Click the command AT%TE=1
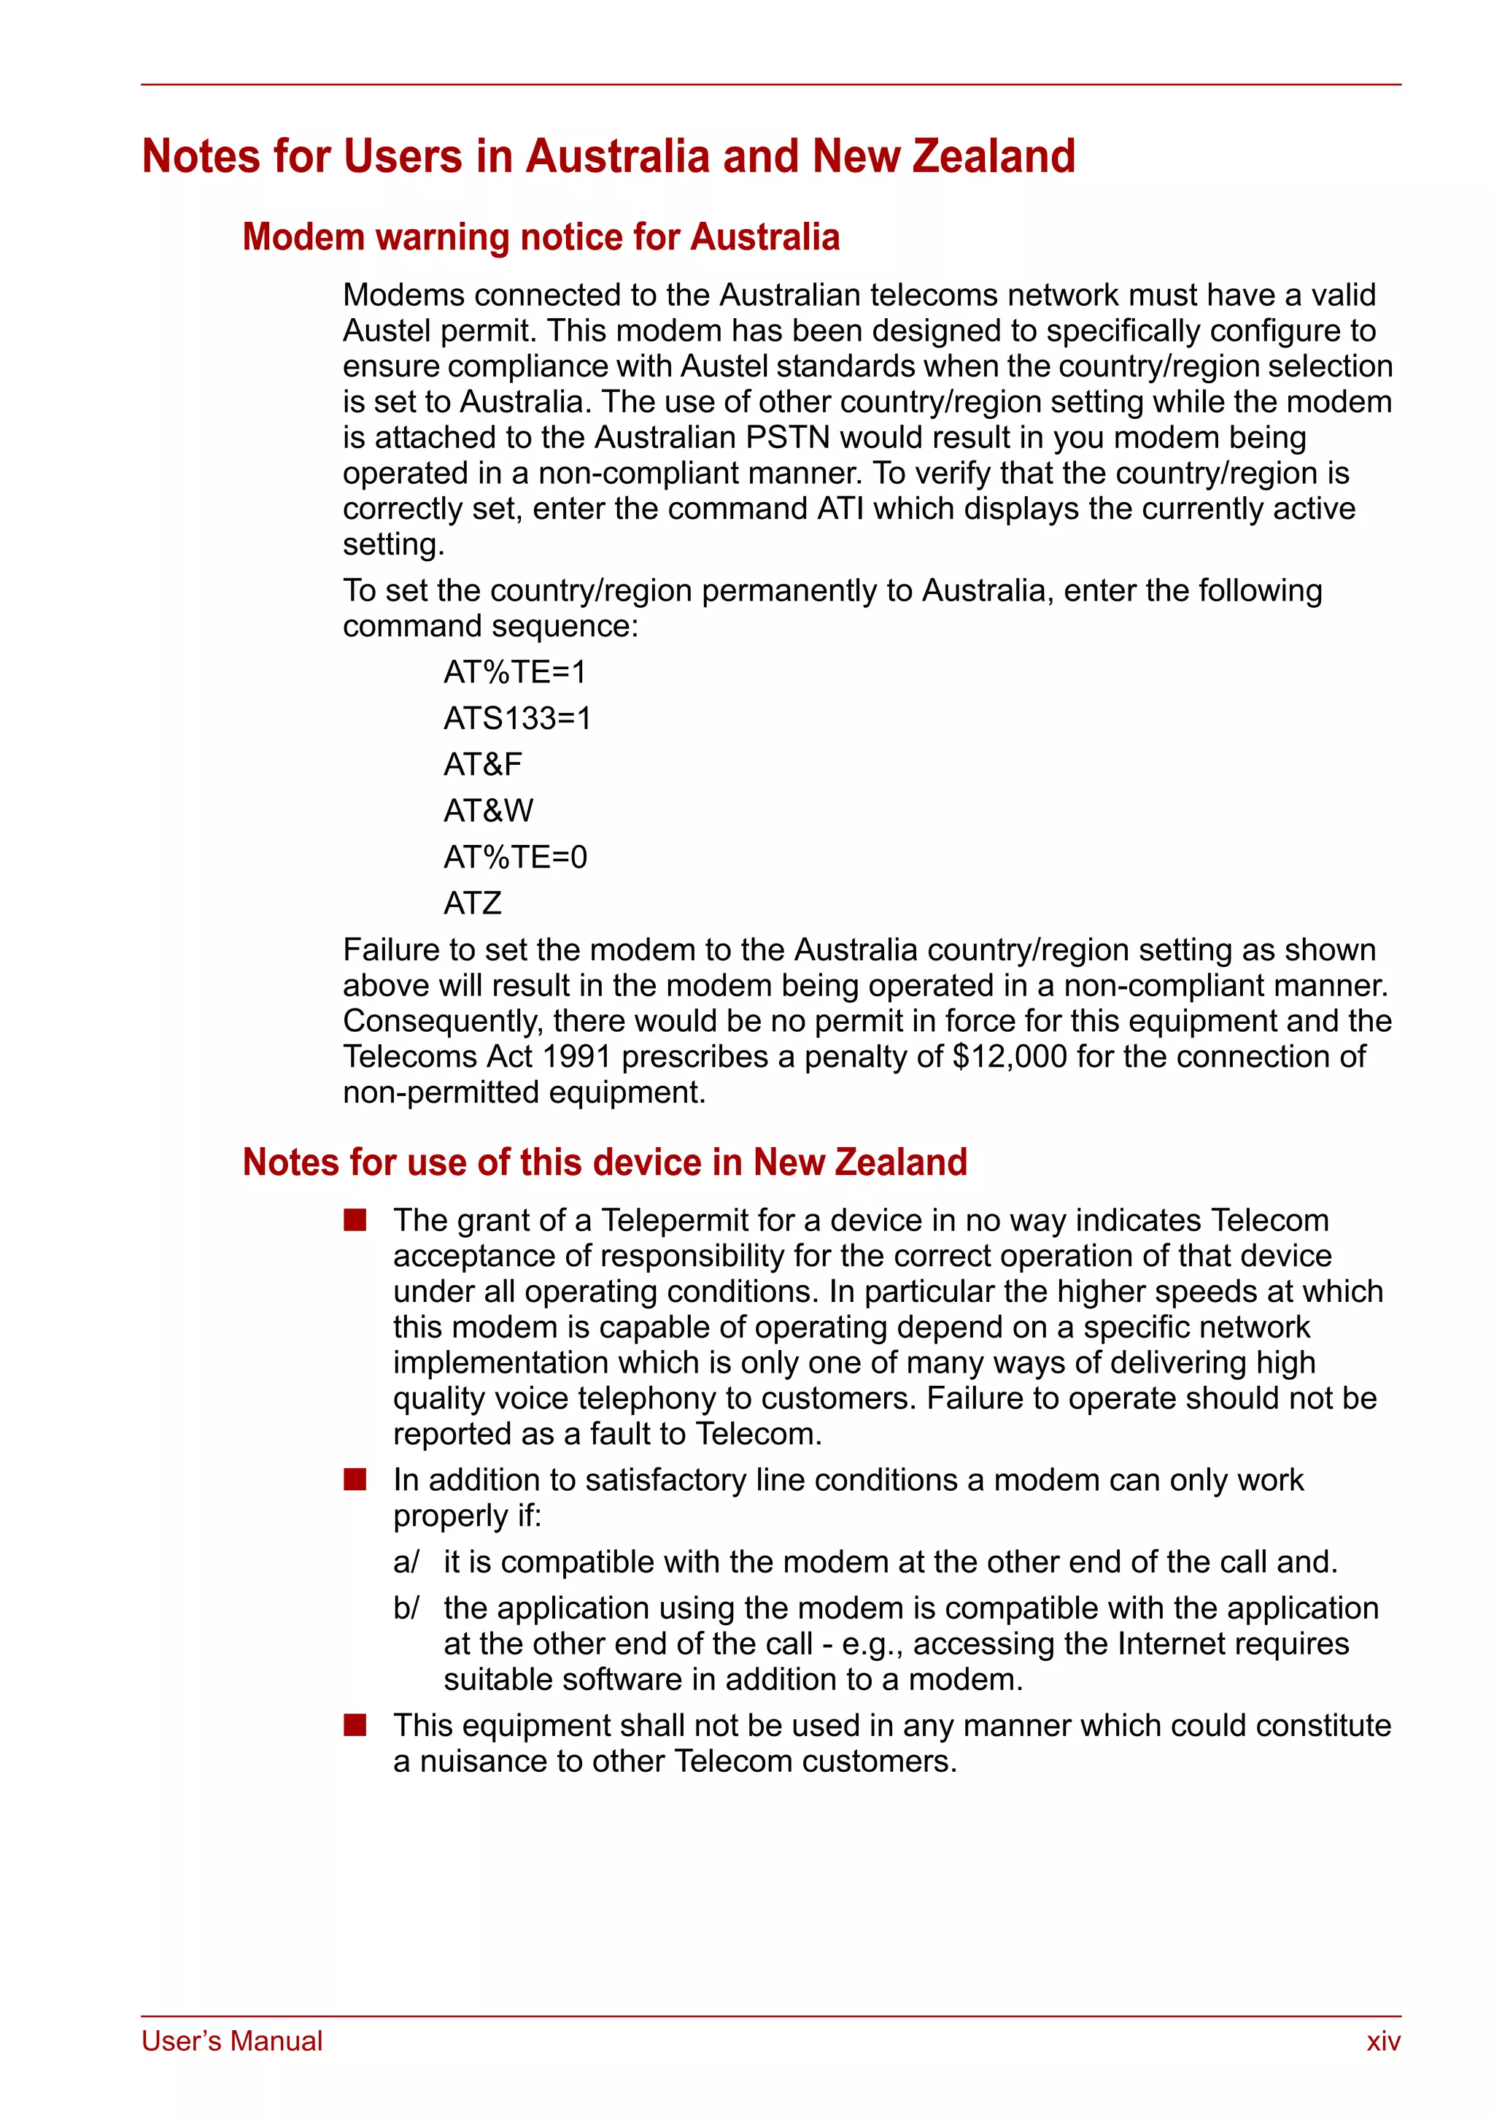[514, 672]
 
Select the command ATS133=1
[517, 718]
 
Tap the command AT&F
[482, 764]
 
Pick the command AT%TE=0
[514, 857]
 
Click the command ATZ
[472, 903]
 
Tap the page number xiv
[1382, 2041]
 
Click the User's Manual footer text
[231, 2041]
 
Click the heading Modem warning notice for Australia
[541, 237]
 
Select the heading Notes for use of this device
[605, 1162]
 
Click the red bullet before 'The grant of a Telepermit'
[355, 1221]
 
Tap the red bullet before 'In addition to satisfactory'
[355, 1480]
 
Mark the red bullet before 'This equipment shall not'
[355, 1725]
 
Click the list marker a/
[406, 1562]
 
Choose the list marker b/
[406, 1608]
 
